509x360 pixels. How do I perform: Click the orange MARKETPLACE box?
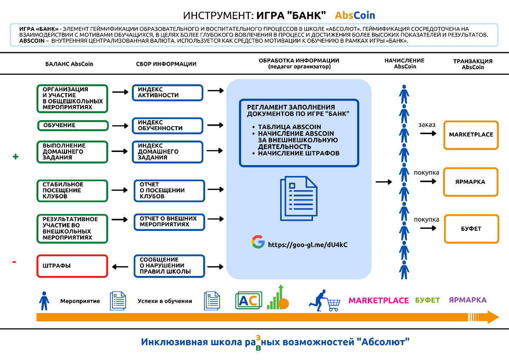tap(471, 135)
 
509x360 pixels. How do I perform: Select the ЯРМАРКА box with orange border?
tap(471, 182)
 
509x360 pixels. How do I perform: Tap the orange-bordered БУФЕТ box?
tap(471, 229)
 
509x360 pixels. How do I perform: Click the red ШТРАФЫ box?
tap(72, 266)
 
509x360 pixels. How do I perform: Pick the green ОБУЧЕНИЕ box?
tap(73, 126)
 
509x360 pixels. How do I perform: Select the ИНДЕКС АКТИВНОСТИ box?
tap(168, 93)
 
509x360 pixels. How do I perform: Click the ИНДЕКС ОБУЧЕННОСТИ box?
tap(168, 126)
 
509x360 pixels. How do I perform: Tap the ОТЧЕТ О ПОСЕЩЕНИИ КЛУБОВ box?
tap(169, 191)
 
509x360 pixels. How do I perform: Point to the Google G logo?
tap(257, 242)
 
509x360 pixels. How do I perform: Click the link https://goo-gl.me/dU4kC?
tap(308, 245)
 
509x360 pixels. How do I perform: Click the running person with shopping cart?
tap(327, 301)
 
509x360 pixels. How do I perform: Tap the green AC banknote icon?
tap(249, 301)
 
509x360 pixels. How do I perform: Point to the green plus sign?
tap(16, 157)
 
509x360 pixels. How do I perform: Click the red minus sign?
tap(14, 262)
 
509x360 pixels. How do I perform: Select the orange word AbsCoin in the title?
tap(355, 15)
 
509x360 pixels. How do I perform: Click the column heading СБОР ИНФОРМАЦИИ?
tap(166, 64)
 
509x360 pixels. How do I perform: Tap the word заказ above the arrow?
tap(427, 125)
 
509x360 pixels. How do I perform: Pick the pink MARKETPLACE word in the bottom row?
tap(378, 301)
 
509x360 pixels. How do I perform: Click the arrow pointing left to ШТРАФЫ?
tap(120, 267)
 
